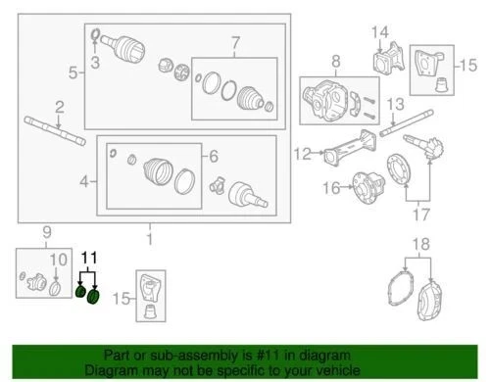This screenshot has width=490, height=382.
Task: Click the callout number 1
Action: (x=149, y=238)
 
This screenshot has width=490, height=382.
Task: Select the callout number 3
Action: (x=96, y=65)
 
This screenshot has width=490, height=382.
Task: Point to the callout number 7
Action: (x=234, y=43)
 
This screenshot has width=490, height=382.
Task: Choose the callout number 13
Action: (x=397, y=104)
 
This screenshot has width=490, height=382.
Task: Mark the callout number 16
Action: (x=331, y=186)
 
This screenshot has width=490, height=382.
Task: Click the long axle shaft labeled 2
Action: (x=44, y=124)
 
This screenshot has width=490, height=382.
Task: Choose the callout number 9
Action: (x=44, y=231)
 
